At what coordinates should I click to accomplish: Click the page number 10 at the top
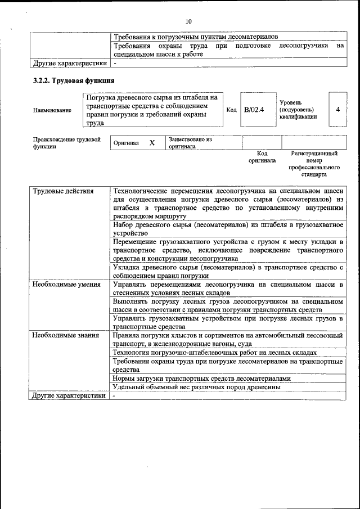coord(188,21)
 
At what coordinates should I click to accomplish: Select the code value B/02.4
coord(254,109)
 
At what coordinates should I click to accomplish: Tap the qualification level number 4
coord(337,109)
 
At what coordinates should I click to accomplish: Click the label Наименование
coord(52,110)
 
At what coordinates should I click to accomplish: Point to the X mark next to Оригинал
coord(152,143)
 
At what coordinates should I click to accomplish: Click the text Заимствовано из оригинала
coord(190,143)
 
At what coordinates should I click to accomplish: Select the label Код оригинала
coord(262,156)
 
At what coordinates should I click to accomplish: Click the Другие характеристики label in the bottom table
coord(69,396)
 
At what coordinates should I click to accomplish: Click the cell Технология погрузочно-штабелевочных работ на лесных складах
coord(215,352)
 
